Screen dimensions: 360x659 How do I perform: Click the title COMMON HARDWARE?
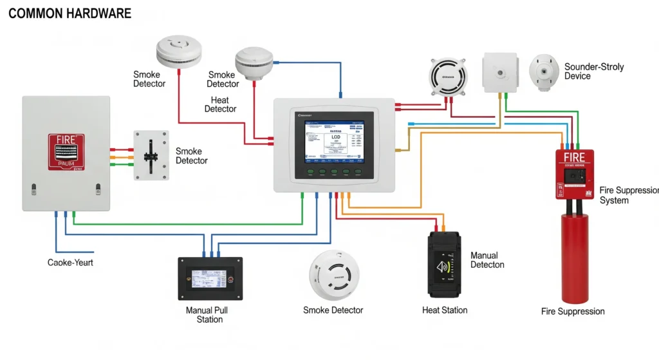click(x=70, y=14)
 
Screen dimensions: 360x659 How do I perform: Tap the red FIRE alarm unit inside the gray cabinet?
click(x=66, y=152)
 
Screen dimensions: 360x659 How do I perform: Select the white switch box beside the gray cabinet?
click(x=151, y=155)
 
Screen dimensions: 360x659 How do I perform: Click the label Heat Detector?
click(x=220, y=104)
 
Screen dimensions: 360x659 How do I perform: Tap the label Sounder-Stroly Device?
click(x=593, y=71)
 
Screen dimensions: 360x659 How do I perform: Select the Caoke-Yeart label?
click(x=70, y=263)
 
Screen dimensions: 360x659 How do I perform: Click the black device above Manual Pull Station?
click(x=210, y=278)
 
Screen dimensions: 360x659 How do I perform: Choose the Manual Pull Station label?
click(x=207, y=315)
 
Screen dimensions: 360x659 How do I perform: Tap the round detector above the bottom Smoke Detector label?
click(x=333, y=273)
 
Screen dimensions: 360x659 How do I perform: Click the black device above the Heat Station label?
click(x=444, y=265)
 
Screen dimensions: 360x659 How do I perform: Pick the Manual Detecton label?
click(x=487, y=260)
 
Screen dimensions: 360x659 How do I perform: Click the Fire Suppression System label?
click(x=627, y=195)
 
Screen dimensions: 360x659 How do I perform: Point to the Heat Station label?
click(x=445, y=310)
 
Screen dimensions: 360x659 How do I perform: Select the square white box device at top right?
click(x=500, y=71)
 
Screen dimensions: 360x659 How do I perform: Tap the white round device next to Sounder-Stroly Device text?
click(x=544, y=72)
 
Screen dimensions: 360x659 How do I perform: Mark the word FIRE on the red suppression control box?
click(x=574, y=158)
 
